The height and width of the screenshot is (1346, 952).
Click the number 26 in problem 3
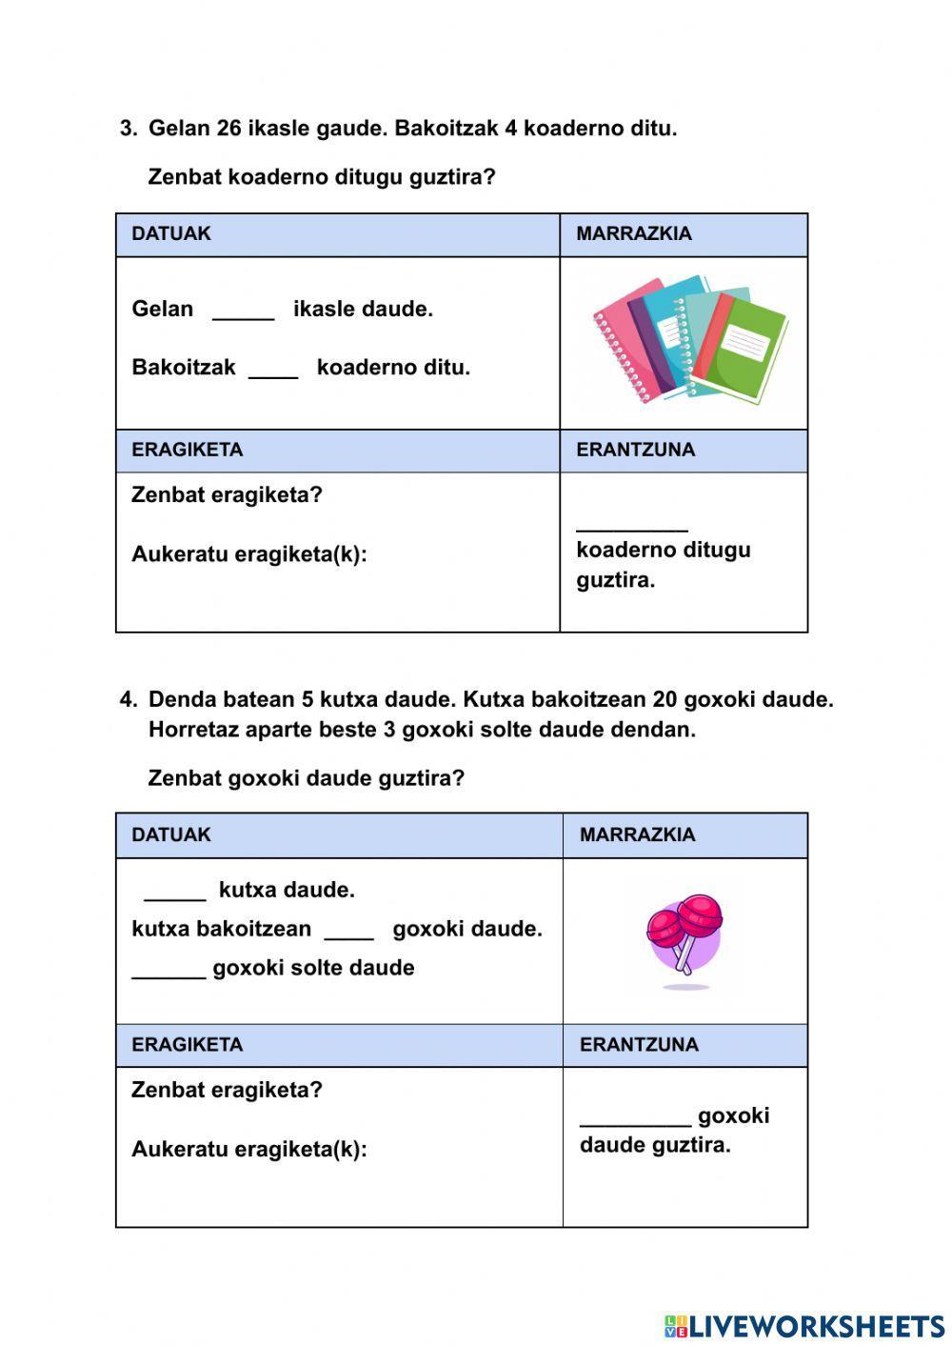coord(228,129)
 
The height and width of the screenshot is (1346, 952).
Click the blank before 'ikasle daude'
coord(243,314)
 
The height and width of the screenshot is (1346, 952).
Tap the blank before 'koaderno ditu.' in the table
coord(273,372)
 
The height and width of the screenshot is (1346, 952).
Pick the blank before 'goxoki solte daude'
coord(169,973)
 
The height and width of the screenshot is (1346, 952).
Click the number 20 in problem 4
coord(664,700)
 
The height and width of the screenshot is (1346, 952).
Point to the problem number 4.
coord(128,700)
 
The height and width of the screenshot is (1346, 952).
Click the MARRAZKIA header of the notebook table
coord(634,234)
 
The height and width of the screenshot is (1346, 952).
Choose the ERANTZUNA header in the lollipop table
coord(639,1045)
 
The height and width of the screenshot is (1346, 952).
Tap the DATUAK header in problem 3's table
coord(171,234)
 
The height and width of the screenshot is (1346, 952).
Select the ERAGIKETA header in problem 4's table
coord(187,1045)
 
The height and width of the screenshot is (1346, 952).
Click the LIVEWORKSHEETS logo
coord(803,1326)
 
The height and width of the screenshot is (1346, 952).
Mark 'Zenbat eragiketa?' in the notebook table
coord(227,495)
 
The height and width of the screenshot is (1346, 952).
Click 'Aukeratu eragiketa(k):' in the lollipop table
coord(248,1150)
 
